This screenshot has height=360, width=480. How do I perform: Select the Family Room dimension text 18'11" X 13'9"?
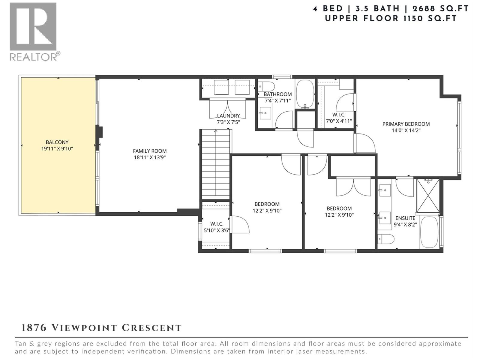[x=150, y=157]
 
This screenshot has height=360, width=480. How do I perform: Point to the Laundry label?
[x=228, y=116]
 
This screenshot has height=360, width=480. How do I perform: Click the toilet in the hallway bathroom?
[x=266, y=87]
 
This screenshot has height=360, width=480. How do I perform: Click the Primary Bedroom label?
[x=406, y=124]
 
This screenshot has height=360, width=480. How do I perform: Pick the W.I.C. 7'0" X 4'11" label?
[x=339, y=118]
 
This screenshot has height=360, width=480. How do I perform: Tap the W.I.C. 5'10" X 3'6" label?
[x=216, y=227]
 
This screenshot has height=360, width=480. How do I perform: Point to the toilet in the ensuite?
[x=386, y=239]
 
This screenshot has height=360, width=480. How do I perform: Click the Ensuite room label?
[x=405, y=218]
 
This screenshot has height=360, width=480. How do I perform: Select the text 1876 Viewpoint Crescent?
[x=101, y=328]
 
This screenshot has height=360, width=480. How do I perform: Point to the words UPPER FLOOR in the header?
[x=361, y=18]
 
